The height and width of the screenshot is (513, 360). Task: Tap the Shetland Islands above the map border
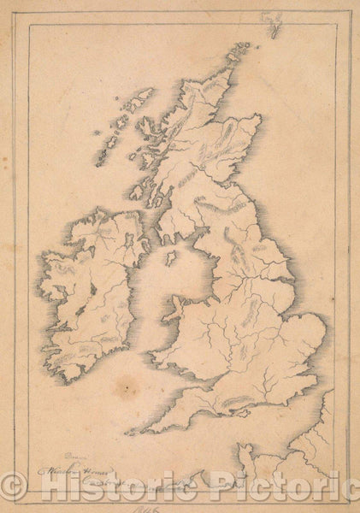tap(273, 23)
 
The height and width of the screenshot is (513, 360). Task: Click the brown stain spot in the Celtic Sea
tap(127, 386)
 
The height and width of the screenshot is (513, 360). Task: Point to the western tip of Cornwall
tap(130, 431)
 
